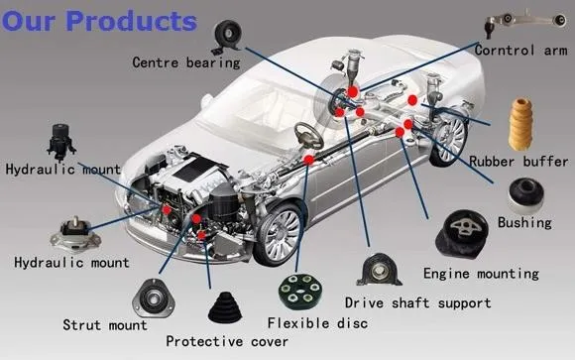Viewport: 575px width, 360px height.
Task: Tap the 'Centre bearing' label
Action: [186, 62]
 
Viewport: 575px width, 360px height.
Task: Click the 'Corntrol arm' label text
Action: [519, 50]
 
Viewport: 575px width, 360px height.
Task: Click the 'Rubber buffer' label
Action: [518, 161]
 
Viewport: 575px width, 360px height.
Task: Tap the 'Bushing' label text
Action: [524, 222]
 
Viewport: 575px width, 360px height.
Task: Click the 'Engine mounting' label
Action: [481, 273]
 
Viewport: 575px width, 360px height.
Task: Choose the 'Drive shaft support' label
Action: [417, 302]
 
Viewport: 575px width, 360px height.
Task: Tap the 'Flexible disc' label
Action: [317, 323]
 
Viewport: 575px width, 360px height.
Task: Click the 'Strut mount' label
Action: [104, 324]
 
